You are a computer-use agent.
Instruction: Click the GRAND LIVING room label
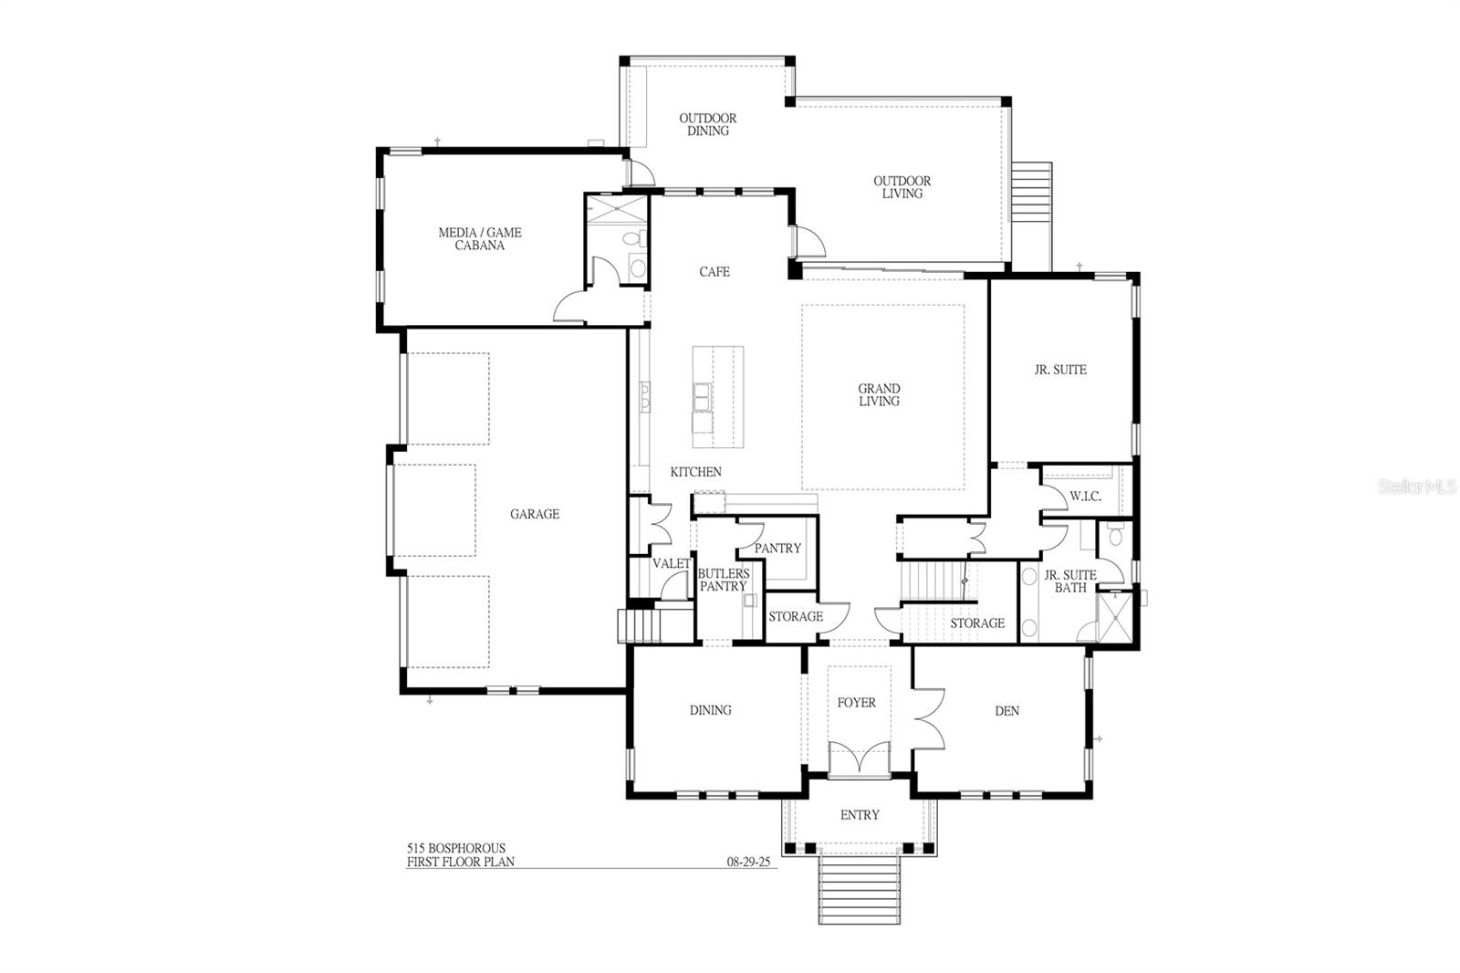(879, 395)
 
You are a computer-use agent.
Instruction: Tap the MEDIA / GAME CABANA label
(480, 239)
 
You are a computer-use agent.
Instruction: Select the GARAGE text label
(535, 514)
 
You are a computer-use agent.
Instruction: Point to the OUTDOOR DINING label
(708, 124)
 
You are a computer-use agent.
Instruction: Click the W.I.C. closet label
(1085, 497)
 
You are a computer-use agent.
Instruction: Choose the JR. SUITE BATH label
(1070, 581)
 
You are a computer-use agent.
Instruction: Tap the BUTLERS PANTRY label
(723, 580)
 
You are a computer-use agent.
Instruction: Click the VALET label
(672, 564)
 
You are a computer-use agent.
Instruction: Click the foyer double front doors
(859, 759)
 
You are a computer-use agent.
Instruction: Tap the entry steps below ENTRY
(859, 885)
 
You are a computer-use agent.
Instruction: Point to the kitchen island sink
(703, 396)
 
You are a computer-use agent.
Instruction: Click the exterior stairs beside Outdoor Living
(1035, 215)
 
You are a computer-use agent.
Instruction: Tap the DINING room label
(710, 710)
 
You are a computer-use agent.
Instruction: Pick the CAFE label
(714, 272)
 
